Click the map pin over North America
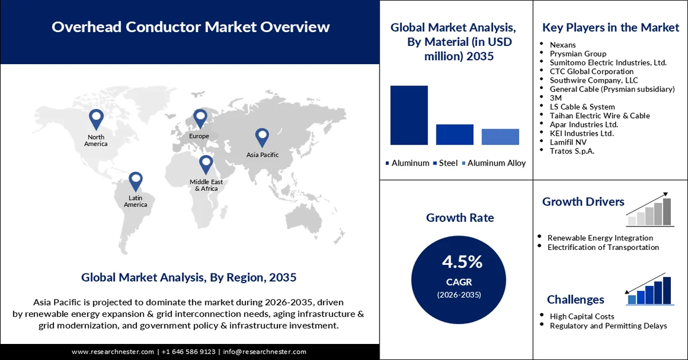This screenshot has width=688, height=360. (96, 119)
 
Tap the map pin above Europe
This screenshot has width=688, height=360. (200, 118)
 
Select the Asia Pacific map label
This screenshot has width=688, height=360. (262, 155)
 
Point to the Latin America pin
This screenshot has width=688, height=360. (135, 181)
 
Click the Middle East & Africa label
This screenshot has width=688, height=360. (206, 185)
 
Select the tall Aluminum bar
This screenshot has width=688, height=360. (409, 115)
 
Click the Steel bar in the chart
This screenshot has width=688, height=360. (455, 134)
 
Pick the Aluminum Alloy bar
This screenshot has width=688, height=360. (500, 136)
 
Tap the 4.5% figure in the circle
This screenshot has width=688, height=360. (462, 262)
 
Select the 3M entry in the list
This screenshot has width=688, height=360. (556, 98)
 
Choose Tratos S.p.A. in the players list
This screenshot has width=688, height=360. (572, 151)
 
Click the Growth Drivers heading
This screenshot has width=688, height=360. (583, 202)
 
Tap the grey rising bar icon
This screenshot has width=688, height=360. (649, 210)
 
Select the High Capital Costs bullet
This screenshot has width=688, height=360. (581, 316)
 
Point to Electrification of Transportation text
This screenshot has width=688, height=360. (603, 247)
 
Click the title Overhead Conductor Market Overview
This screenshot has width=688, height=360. (190, 26)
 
